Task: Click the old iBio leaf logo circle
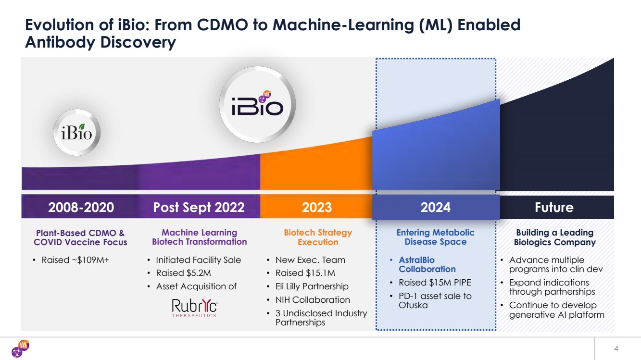[76, 132]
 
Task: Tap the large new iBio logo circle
[258, 104]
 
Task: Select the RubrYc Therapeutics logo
[194, 308]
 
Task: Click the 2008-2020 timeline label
[81, 207]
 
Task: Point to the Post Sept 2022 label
[199, 207]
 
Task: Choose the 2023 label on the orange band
[317, 207]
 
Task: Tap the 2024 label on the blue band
[435, 207]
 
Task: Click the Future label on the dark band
[554, 207]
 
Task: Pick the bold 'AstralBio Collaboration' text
[427, 264]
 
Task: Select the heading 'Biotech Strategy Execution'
[318, 237]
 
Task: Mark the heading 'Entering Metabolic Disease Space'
[435, 237]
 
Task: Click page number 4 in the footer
[616, 348]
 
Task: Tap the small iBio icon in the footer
[21, 348]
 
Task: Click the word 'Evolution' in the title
[60, 25]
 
